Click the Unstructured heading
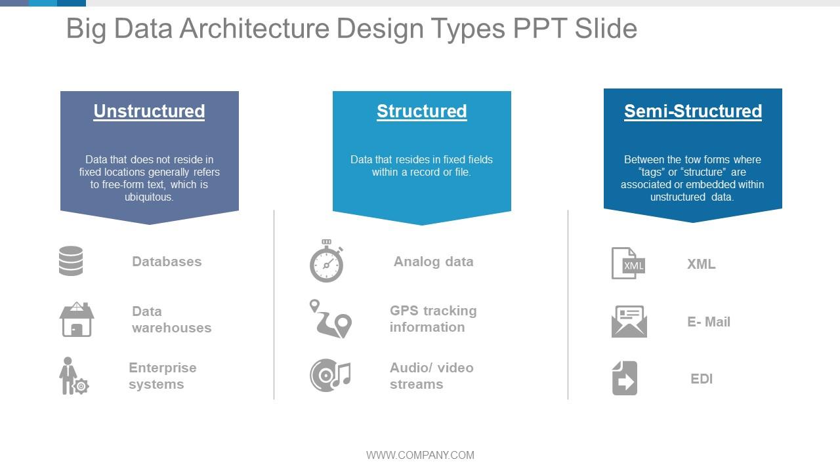149,111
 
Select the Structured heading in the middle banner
422,111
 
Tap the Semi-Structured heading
693,111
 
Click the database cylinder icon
71,261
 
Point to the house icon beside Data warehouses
77,319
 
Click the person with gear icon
73,376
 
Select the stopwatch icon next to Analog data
326,261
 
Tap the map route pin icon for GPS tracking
331,319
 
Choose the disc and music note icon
330,376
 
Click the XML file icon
628,263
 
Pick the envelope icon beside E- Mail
629,321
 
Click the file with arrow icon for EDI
625,378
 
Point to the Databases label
167,262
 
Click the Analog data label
434,262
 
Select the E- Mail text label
709,322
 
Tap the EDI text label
702,379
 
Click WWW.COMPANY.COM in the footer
421,455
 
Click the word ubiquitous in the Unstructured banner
149,197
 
